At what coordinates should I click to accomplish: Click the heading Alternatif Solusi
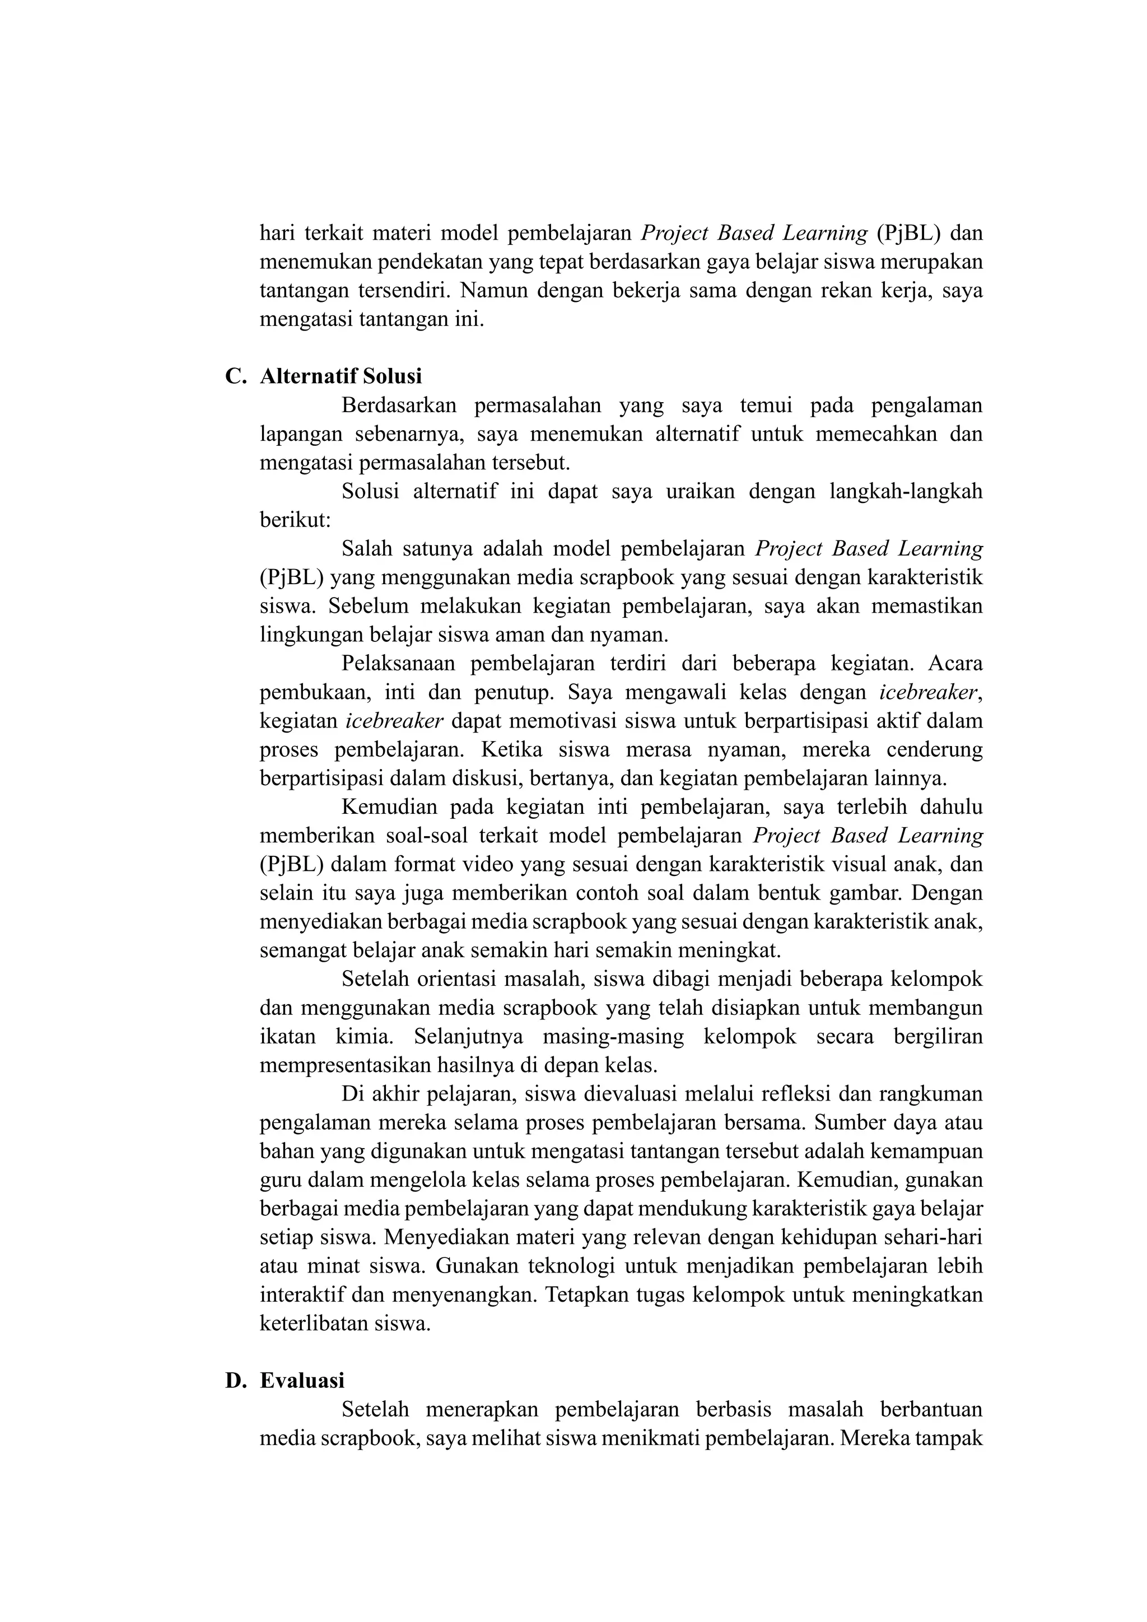[341, 376]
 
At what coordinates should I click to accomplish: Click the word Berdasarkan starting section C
[398, 405]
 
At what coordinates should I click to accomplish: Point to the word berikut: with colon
[295, 520]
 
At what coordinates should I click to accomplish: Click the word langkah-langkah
[906, 491]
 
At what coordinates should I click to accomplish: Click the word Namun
[493, 290]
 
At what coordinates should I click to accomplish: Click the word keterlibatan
[308, 1323]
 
